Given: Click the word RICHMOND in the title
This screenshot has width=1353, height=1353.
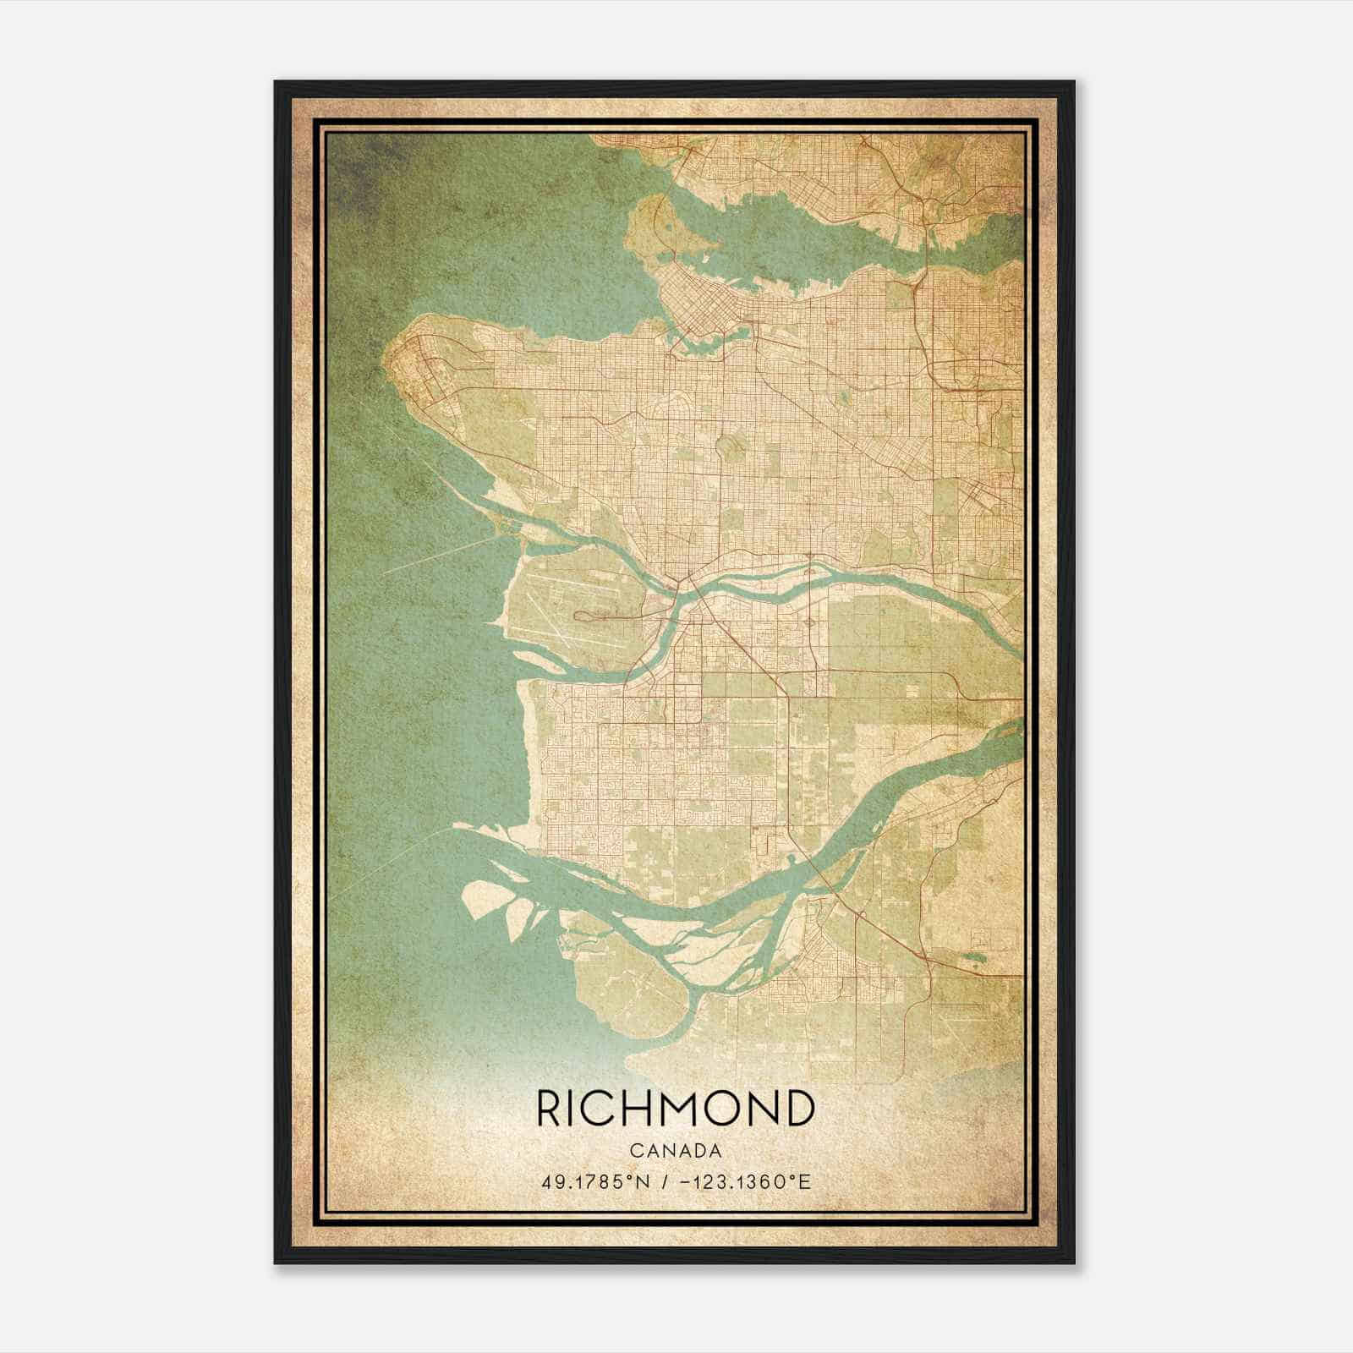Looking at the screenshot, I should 676,1109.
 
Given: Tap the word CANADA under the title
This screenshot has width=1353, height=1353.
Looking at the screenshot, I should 676,1151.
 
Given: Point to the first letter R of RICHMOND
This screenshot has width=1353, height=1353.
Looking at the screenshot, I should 548,1109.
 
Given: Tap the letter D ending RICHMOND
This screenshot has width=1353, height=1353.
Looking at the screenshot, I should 799,1109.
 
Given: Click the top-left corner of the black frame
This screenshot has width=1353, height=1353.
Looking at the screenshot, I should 276,82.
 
